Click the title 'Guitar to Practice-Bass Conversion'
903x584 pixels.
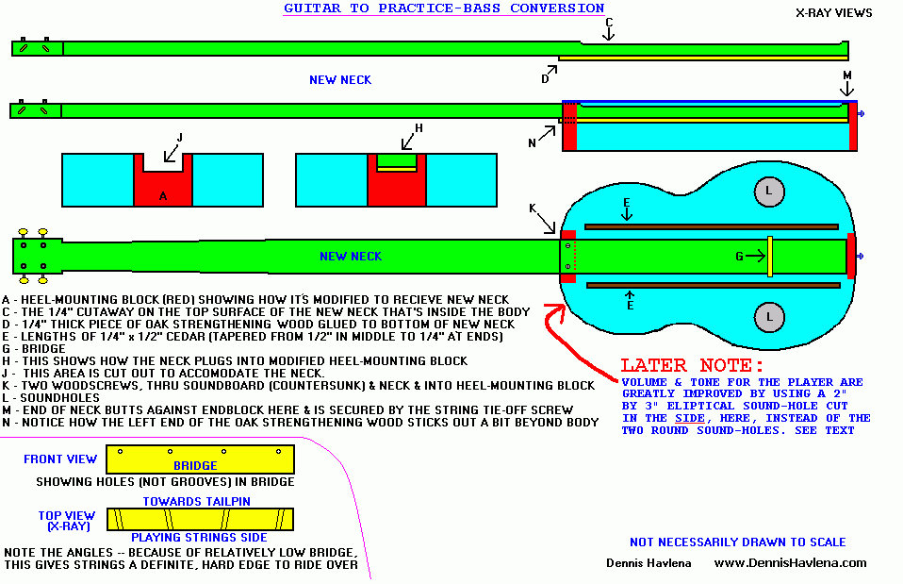click(x=444, y=8)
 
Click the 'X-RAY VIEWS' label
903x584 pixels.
click(x=833, y=13)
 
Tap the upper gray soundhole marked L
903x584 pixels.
click(x=768, y=192)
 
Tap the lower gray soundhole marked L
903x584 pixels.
click(x=768, y=315)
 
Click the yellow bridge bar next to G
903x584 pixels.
click(x=770, y=256)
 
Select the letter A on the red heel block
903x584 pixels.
click(x=162, y=196)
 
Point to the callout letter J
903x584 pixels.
click(x=180, y=138)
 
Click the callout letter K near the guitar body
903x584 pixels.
click(x=533, y=209)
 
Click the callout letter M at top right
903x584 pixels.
click(x=846, y=75)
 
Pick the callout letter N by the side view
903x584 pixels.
click(x=532, y=143)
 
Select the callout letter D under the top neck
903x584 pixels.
click(x=545, y=79)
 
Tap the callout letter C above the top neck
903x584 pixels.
click(x=609, y=22)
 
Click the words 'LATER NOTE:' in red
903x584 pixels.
click(x=692, y=364)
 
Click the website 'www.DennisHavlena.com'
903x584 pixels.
click(x=790, y=562)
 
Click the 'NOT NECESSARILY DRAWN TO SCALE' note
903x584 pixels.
click(x=737, y=542)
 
